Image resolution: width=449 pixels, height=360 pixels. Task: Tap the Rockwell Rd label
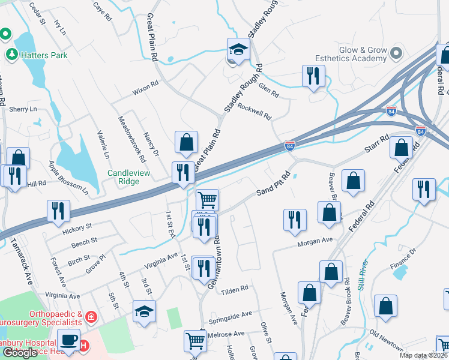click(255, 110)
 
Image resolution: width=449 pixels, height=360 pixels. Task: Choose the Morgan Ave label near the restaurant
click(315, 240)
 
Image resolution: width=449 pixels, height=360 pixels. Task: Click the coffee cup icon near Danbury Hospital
click(68, 340)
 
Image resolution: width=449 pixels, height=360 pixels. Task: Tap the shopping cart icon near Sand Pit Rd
click(207, 199)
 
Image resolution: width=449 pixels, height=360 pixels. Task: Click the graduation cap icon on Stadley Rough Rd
click(238, 49)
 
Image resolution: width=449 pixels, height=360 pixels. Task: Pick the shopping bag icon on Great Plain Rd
click(186, 143)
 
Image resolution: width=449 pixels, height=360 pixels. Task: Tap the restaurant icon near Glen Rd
click(313, 76)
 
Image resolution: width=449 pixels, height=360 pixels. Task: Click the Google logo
click(20, 353)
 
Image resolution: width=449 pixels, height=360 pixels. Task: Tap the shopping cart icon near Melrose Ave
click(196, 341)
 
